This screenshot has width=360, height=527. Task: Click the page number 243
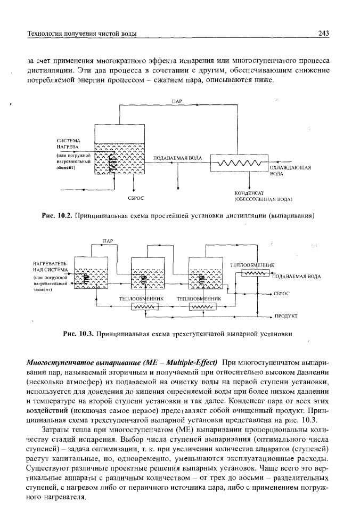click(323, 33)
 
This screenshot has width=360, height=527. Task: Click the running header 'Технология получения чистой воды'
click(81, 34)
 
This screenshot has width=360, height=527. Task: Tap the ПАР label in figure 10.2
click(177, 101)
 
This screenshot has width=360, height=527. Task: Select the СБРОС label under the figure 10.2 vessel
click(136, 198)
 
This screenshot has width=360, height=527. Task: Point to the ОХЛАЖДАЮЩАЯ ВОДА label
click(290, 171)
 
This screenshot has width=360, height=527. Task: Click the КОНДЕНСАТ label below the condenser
click(249, 193)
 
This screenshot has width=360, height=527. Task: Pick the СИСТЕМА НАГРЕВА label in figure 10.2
click(68, 143)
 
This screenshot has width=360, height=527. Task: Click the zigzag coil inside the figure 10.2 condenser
click(239, 164)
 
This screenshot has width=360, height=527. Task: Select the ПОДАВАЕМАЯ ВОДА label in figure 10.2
click(178, 158)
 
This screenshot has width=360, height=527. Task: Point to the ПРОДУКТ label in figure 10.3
click(286, 317)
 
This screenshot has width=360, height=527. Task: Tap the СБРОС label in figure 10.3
click(281, 294)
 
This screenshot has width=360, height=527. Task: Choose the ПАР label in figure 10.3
click(108, 241)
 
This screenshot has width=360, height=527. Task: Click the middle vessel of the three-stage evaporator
click(148, 273)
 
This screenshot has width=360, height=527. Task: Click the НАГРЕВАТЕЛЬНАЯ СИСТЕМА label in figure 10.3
click(51, 266)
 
